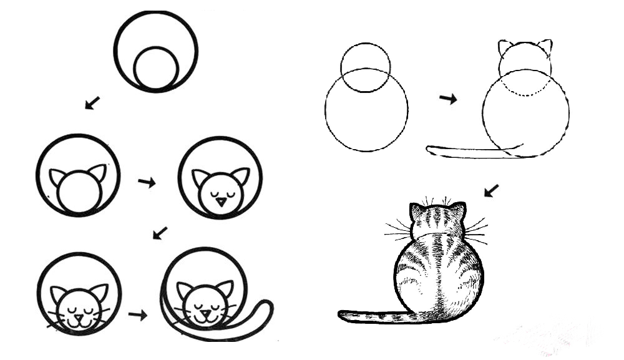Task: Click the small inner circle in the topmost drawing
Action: click(156, 67)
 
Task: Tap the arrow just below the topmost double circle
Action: click(93, 102)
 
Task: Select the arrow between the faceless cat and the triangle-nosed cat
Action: click(147, 182)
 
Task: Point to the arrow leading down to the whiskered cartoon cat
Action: click(160, 233)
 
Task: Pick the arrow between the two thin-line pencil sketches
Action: click(447, 99)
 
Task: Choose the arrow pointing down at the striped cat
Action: click(491, 190)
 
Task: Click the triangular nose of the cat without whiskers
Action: click(221, 202)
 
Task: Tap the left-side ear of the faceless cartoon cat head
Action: click(57, 177)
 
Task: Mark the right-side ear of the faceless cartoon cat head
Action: click(98, 172)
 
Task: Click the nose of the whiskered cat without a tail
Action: click(79, 316)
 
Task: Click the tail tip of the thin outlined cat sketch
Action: click(430, 148)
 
